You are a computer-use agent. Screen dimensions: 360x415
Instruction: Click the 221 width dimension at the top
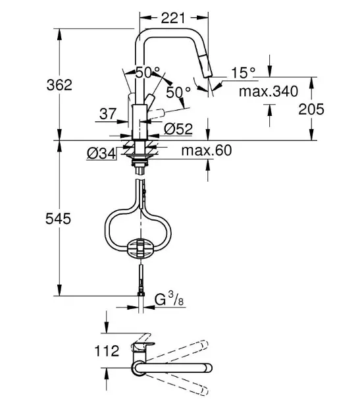[172, 18]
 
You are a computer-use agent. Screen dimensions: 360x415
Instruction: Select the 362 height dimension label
[59, 85]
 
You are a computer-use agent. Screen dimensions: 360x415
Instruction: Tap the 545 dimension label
[58, 219]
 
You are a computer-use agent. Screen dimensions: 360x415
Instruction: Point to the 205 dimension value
[311, 109]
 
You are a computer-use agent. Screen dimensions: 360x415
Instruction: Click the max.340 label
[269, 92]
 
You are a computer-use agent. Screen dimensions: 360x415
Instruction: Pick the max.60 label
[206, 150]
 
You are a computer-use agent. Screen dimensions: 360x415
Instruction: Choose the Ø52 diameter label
[178, 129]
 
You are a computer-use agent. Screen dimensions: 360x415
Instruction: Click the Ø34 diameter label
[101, 153]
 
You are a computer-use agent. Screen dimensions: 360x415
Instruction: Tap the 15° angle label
[244, 72]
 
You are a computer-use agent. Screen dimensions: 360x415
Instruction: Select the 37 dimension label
[108, 114]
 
